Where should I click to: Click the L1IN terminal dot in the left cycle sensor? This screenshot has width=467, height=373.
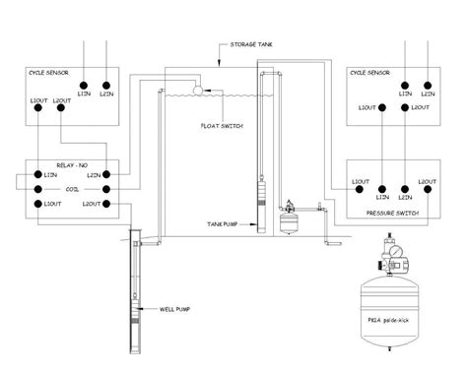point(86,84)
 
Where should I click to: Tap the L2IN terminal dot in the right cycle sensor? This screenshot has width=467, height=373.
point(428,85)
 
